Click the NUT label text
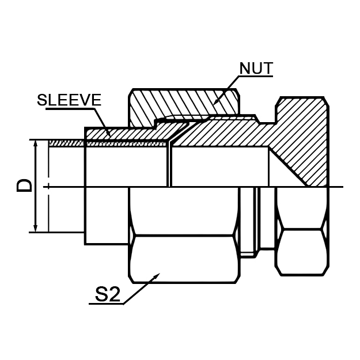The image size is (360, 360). click(x=256, y=69)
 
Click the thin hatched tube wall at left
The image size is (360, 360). click(x=66, y=143)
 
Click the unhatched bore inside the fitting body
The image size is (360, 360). click(x=219, y=167)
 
